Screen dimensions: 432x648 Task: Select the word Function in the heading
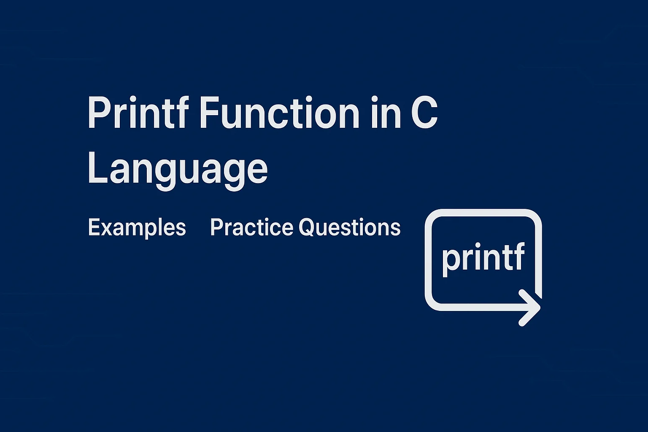pos(278,113)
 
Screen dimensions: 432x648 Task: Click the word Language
pos(177,170)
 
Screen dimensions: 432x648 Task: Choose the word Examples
pos(137,228)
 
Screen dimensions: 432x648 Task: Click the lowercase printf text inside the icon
pos(483,257)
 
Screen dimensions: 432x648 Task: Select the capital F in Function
pos(206,113)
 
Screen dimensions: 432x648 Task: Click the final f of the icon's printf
pos(519,256)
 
